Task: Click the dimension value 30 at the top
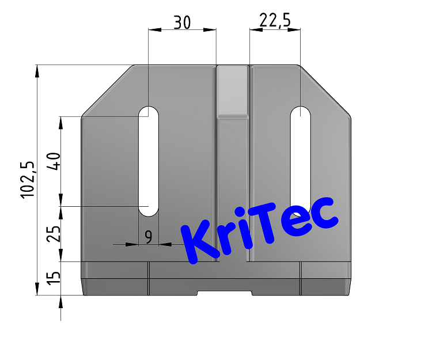point(182,22)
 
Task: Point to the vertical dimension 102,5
point(28,180)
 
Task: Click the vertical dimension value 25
point(54,233)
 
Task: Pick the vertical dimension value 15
point(54,278)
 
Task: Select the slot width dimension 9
point(149,236)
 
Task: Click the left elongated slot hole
point(149,161)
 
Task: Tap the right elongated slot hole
point(300,156)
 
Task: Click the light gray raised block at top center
point(232,90)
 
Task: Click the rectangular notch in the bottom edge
point(225,293)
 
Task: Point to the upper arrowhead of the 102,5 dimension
point(37,71)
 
